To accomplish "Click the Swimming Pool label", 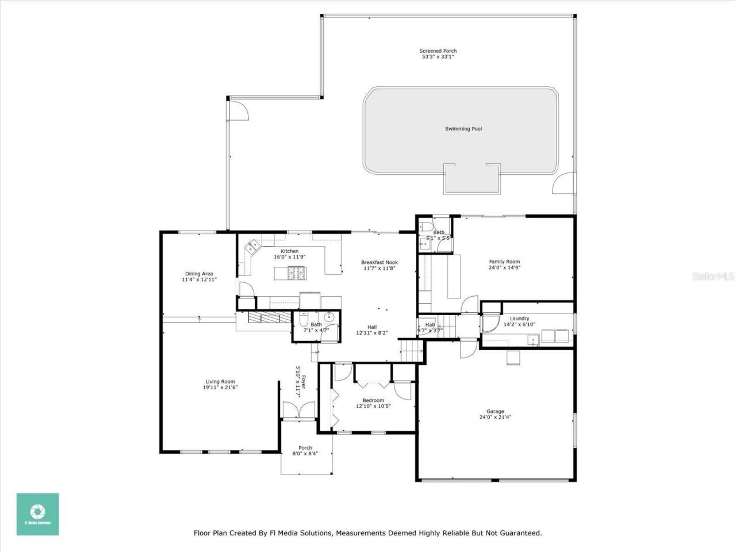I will pyautogui.click(x=463, y=129).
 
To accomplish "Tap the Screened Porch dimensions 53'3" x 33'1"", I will pyautogui.click(x=438, y=57).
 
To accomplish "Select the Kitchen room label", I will pyautogui.click(x=289, y=251).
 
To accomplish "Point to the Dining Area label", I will pyautogui.click(x=199, y=274).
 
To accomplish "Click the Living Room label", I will pyautogui.click(x=220, y=382).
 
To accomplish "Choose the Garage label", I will pyautogui.click(x=495, y=411).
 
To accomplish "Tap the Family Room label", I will pyautogui.click(x=504, y=262).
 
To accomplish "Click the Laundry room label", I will pyautogui.click(x=519, y=319).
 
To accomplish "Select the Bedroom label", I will pyautogui.click(x=373, y=400).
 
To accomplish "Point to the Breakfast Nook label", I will pyautogui.click(x=379, y=262).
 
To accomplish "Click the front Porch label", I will pyautogui.click(x=305, y=448).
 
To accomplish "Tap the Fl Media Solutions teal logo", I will pyautogui.click(x=37, y=514).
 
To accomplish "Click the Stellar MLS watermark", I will pyautogui.click(x=713, y=277).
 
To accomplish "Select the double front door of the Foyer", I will pyautogui.click(x=298, y=409).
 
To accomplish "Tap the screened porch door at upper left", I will pyautogui.click(x=239, y=109).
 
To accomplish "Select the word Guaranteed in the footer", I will pyautogui.click(x=520, y=533).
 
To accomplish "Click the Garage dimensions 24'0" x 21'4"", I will pyautogui.click(x=495, y=418).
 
